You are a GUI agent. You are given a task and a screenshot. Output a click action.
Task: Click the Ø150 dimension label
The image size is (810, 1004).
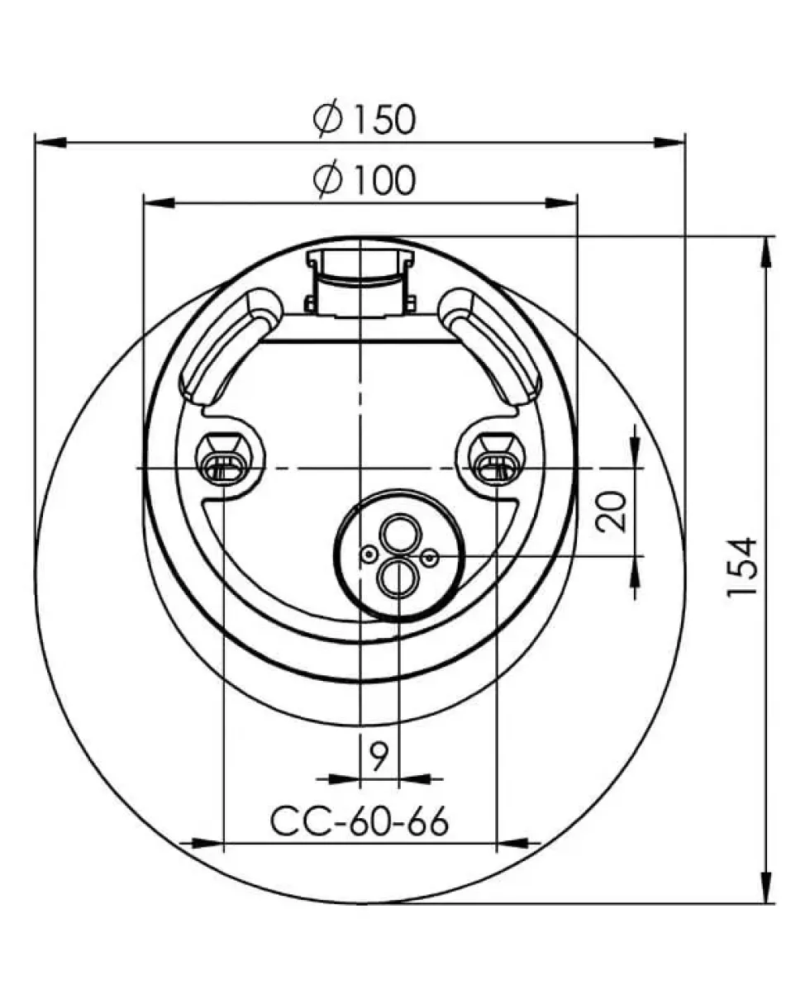tap(364, 120)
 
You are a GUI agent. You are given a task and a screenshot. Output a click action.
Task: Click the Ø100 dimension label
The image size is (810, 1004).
tap(364, 179)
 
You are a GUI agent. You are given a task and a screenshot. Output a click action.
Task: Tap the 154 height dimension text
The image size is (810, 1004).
tap(741, 566)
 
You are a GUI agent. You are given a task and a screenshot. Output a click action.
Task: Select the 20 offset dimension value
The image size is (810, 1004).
tap(611, 512)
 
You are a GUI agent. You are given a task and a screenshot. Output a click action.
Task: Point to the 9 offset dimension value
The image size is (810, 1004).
tap(379, 757)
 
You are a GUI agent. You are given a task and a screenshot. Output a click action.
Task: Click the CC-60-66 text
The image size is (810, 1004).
tap(360, 821)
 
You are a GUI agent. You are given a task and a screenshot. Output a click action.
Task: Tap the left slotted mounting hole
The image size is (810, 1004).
tap(223, 467)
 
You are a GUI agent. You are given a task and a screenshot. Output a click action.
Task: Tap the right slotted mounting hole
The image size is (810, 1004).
tap(497, 467)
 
